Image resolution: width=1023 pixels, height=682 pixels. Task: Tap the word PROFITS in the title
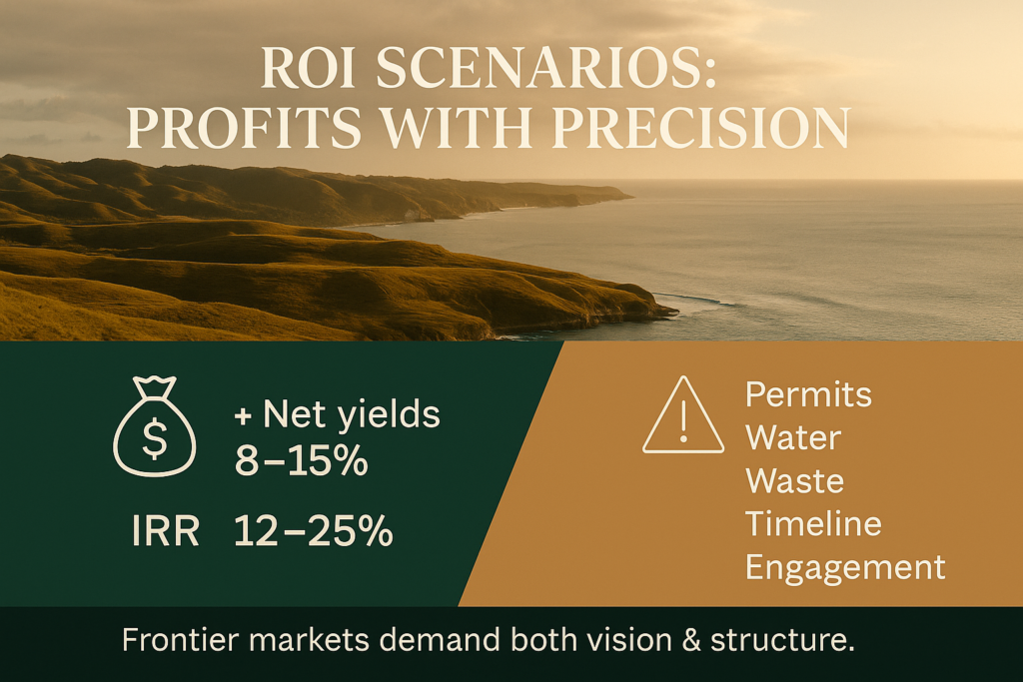pos(244,127)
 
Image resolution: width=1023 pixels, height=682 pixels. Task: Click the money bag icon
pos(155,426)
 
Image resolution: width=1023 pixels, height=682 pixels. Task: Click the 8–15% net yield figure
pos(302,461)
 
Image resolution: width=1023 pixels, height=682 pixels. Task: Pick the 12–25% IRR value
pos(314,530)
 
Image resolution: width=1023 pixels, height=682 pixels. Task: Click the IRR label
pos(166,531)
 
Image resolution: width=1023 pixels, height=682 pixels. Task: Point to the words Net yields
pos(352,414)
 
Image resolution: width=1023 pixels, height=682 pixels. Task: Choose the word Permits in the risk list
pos(808,394)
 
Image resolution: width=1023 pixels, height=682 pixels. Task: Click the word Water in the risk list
pos(793,437)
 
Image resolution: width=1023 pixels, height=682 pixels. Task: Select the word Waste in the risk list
pos(794,480)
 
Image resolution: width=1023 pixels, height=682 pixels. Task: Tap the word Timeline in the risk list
pos(813,523)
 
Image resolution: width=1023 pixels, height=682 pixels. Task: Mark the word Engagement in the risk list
pos(845,568)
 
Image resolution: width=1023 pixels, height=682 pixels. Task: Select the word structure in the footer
pos(782,640)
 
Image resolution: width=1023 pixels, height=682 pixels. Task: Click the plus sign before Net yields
pos(244,416)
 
